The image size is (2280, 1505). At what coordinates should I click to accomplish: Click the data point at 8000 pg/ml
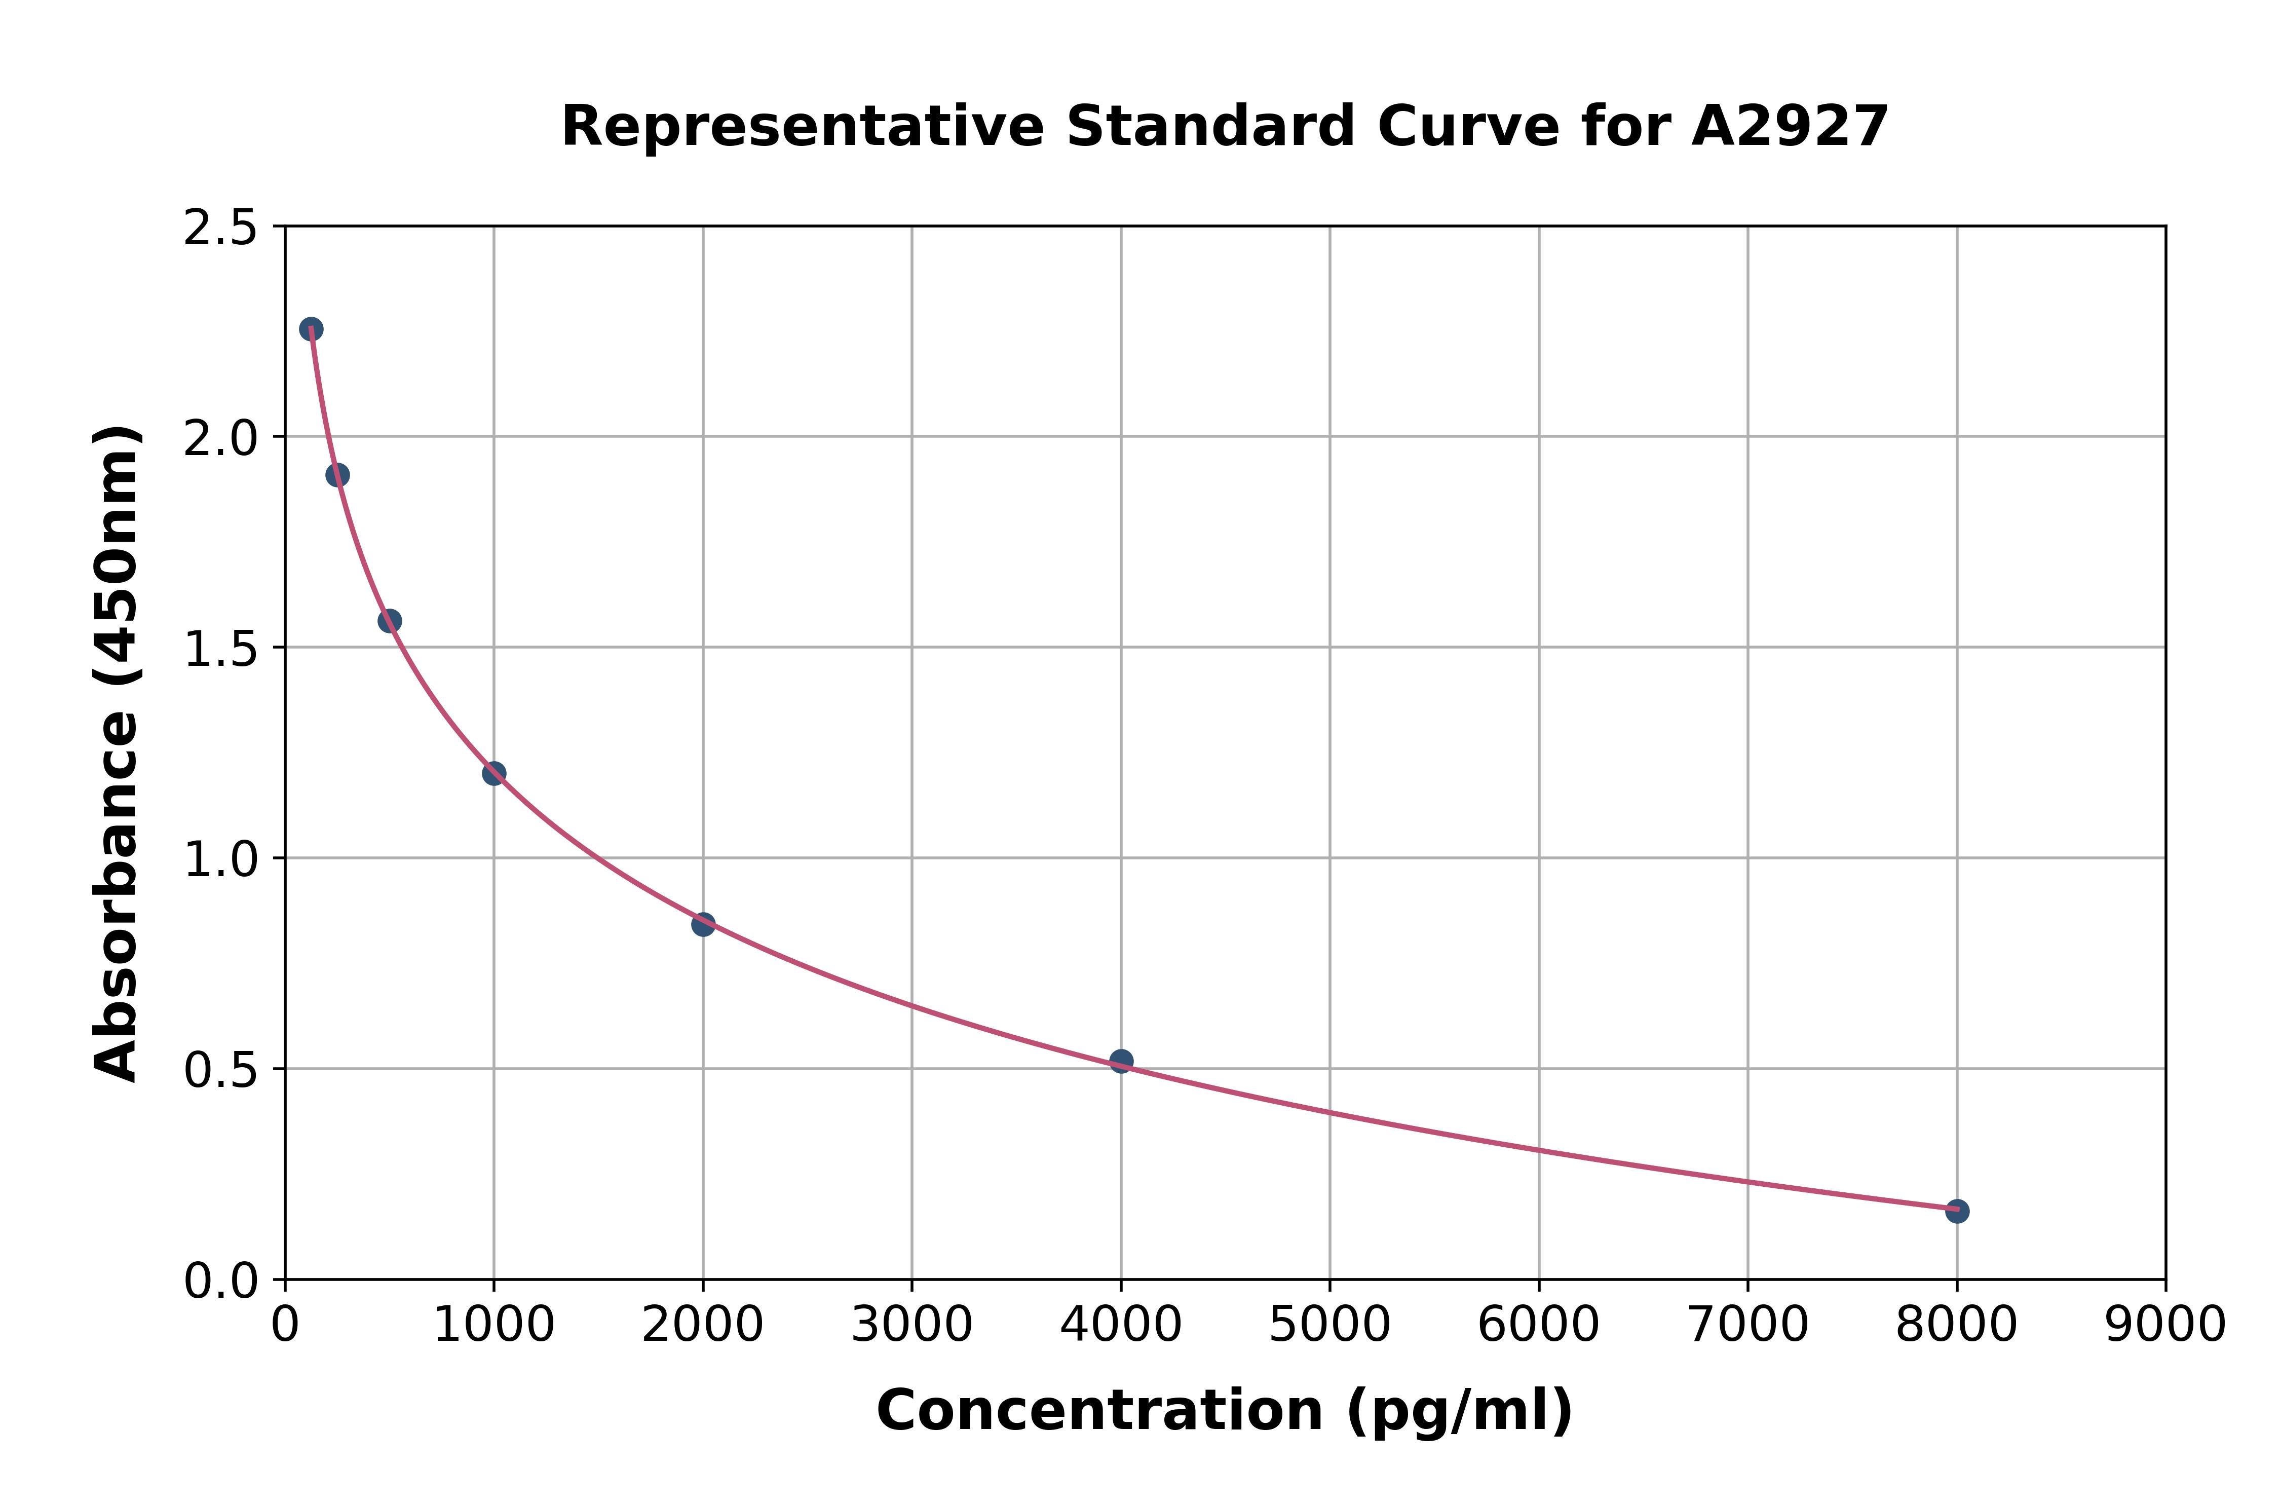click(x=1957, y=1211)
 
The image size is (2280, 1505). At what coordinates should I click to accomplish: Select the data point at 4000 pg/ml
click(x=1121, y=1061)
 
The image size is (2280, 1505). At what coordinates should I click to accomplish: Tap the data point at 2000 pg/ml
click(x=702, y=924)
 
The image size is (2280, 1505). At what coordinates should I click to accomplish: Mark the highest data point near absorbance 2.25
click(x=311, y=329)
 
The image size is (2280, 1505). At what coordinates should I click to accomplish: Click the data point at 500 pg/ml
click(x=390, y=621)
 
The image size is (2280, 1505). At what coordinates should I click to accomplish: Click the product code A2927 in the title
click(x=1790, y=127)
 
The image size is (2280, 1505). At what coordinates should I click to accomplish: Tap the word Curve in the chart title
click(x=1468, y=127)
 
